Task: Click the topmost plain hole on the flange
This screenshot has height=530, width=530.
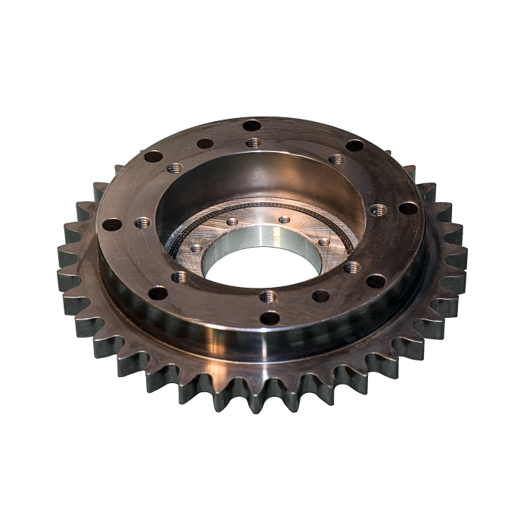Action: pos(251,126)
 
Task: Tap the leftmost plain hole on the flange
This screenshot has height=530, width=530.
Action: pos(112,224)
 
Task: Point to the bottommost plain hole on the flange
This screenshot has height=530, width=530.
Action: pos(270,318)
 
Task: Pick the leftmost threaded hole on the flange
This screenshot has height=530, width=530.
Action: pos(142,223)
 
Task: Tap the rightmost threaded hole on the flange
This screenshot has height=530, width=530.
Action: pos(378,210)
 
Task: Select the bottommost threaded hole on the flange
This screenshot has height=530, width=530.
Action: pos(267,296)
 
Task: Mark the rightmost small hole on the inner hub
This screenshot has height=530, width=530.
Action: pos(323,242)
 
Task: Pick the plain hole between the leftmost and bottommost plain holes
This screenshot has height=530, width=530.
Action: pos(157,293)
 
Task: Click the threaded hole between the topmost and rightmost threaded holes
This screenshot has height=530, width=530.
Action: pos(336,160)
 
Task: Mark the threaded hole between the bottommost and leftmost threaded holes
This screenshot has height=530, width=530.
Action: pos(179,277)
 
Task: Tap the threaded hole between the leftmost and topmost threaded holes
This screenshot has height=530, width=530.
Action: pos(174,168)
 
